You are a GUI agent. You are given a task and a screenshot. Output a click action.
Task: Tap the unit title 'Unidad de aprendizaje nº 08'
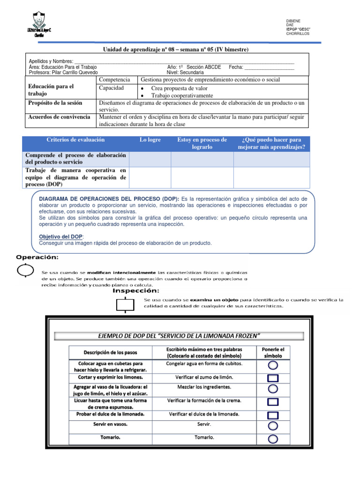(x=142, y=50)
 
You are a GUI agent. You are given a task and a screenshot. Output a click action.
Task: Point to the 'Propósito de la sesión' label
(x=55, y=103)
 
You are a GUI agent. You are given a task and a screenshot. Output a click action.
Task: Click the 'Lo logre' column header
(x=150, y=140)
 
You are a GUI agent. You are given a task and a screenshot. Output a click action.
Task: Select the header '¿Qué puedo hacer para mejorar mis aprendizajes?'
(x=272, y=143)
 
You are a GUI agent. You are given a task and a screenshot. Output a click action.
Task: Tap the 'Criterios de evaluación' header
(x=75, y=140)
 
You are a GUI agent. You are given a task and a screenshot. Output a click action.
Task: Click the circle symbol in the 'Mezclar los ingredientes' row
(x=273, y=389)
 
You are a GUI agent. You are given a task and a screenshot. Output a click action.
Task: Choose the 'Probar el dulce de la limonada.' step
(x=111, y=414)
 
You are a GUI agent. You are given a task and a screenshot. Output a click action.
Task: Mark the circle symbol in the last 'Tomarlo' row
(x=273, y=439)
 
